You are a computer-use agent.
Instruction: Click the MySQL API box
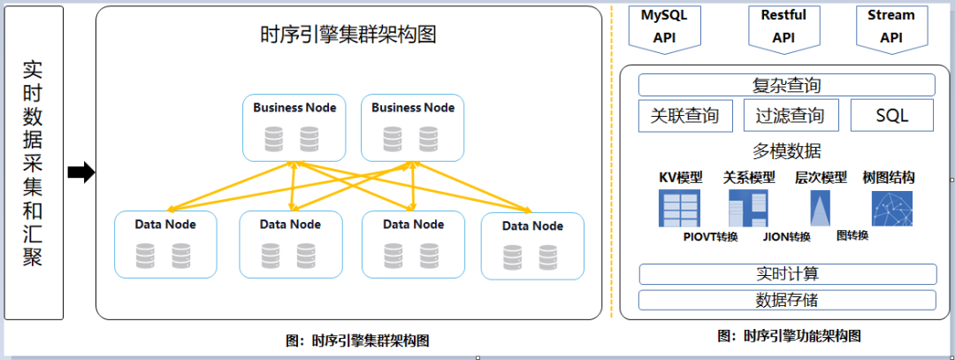664,26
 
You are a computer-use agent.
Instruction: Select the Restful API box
783,26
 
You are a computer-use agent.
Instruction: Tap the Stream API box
890,26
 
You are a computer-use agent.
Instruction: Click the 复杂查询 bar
786,85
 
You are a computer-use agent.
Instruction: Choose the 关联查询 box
684,115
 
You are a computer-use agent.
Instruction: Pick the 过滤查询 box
791,115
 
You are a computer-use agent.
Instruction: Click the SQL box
891,115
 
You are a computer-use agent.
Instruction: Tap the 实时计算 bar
786,274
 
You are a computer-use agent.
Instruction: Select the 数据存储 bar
786,300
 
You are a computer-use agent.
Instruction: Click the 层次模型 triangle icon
820,209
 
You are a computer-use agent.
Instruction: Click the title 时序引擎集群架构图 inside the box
349,35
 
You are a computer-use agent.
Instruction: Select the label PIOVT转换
710,237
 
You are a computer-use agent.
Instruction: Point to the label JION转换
786,237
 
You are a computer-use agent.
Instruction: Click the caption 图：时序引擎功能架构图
789,335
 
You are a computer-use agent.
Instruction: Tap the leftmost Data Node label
165,224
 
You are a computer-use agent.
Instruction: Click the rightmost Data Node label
532,226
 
